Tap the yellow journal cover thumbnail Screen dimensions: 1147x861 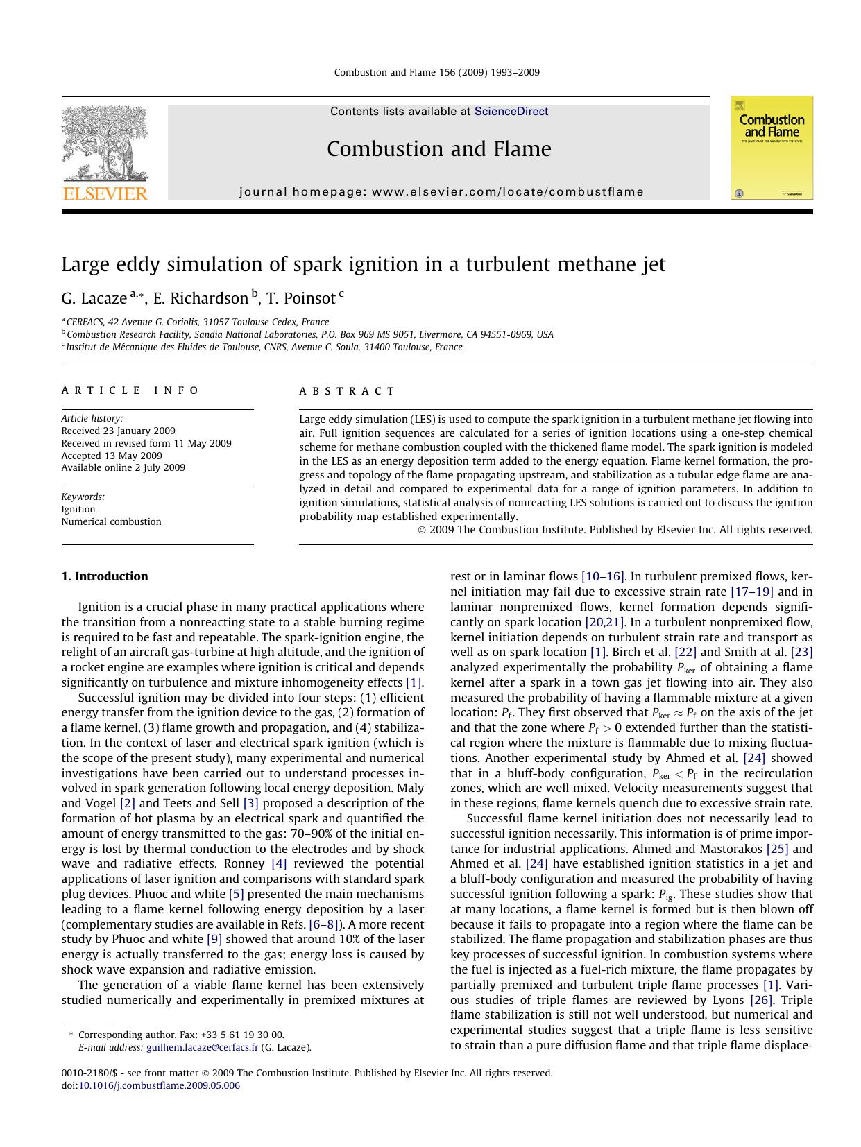click(x=771, y=148)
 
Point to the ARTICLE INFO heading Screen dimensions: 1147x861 click(x=130, y=390)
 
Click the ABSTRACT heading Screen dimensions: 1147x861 click(x=347, y=391)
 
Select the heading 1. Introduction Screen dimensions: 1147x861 click(x=105, y=576)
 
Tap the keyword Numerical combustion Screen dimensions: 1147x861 click(x=111, y=521)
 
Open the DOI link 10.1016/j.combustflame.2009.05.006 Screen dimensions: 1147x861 click(x=159, y=1085)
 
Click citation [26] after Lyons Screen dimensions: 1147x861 click(x=761, y=1000)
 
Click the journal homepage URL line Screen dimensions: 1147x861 click(x=441, y=192)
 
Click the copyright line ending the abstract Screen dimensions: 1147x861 click(x=615, y=530)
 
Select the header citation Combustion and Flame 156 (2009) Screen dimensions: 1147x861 click(x=436, y=72)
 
